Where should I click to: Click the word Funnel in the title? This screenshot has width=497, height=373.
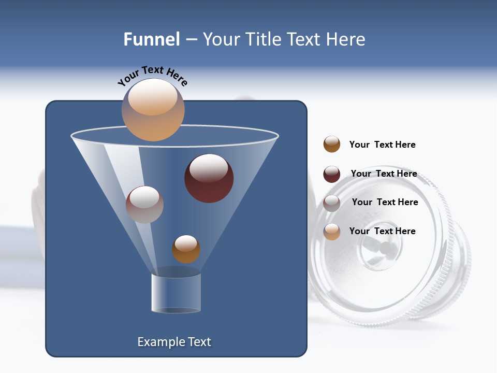point(152,39)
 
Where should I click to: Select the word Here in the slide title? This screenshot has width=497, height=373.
point(346,39)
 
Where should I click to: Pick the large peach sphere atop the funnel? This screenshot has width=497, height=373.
point(153,110)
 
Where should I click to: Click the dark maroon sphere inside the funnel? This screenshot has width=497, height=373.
point(209,178)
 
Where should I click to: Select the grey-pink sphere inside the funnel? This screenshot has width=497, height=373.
point(144,205)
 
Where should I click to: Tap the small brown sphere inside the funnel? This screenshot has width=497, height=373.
point(186,249)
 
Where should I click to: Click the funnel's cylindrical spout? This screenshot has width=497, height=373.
point(176,293)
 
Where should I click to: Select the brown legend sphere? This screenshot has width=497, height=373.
point(332,145)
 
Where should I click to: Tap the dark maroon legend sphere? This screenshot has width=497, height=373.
point(332,174)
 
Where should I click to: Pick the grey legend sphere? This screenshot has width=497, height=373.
point(332,203)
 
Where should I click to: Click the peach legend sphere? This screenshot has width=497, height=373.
point(332,232)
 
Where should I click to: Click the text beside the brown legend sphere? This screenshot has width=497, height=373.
point(382,145)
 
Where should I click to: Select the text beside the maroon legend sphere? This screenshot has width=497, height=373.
point(384,174)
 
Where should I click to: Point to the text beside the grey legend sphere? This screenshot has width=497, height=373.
point(385,202)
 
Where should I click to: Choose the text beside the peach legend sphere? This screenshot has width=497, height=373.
point(382,231)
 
